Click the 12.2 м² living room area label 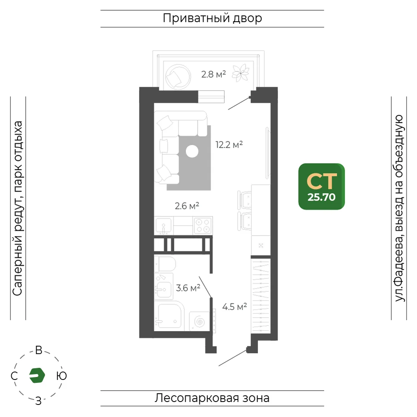point(229,145)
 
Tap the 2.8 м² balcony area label point(214,74)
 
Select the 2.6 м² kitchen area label point(187,206)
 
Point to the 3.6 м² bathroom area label point(188,288)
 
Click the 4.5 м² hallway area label point(234,306)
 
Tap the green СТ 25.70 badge point(322,186)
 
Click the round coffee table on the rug point(192,152)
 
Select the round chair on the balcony point(178,77)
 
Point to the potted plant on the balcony point(241,73)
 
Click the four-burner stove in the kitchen point(203,226)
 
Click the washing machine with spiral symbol point(199,321)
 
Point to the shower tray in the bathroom point(169,316)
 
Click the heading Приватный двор point(212,18)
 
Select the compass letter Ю point(61,376)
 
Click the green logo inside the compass point(37,375)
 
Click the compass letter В point(39,350)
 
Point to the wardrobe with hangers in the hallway point(261,296)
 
